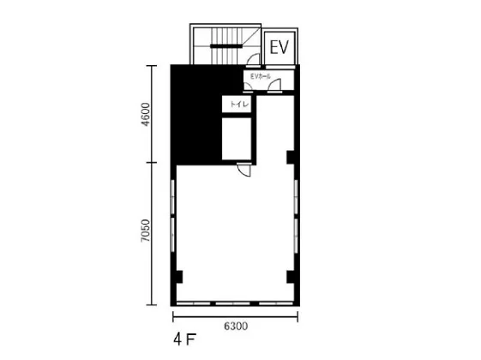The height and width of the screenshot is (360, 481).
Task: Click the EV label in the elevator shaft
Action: [x=280, y=47]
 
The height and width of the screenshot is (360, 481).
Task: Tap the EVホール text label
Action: [x=261, y=76]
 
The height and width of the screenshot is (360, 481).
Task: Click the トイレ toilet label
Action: [x=239, y=105]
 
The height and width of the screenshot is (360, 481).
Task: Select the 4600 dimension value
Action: [x=147, y=114]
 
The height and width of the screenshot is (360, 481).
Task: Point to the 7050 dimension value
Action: [x=146, y=231]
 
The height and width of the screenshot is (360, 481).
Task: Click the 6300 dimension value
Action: [x=236, y=326]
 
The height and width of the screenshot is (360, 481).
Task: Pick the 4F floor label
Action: [x=184, y=339]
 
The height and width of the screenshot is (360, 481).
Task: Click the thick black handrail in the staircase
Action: [x=226, y=46]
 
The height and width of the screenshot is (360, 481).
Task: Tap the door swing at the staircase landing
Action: [x=254, y=60]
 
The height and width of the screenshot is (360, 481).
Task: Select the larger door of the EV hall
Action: [x=274, y=85]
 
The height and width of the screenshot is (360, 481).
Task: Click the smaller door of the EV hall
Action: [x=248, y=87]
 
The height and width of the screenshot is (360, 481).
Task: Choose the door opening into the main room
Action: [x=244, y=170]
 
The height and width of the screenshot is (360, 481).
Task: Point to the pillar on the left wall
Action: [x=179, y=277]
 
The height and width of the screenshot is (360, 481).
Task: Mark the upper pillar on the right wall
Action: [x=291, y=157]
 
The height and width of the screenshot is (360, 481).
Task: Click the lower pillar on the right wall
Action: [x=291, y=277]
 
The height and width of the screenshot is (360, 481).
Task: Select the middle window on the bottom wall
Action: [x=233, y=303]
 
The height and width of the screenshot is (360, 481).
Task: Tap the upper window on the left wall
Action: [x=172, y=197]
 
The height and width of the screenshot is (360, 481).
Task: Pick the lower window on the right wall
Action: [x=296, y=236]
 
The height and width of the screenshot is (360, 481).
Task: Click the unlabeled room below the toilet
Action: [x=237, y=139]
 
